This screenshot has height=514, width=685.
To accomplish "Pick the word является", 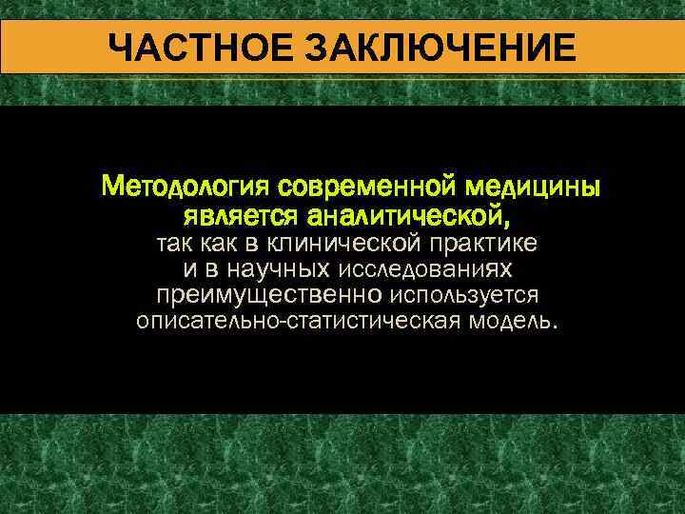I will [243, 210].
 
